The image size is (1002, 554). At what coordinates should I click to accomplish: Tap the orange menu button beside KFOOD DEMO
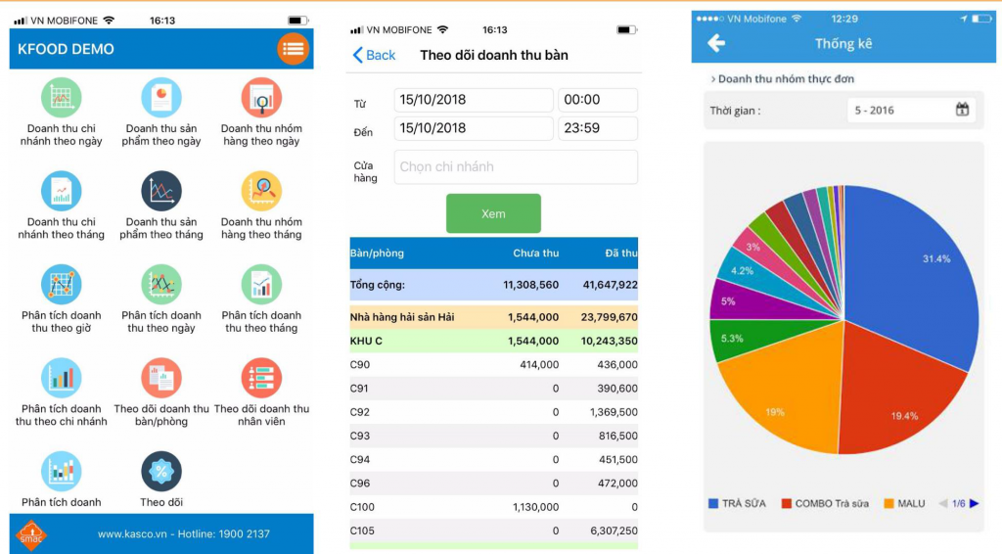293,49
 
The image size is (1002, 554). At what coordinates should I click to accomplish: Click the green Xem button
493,213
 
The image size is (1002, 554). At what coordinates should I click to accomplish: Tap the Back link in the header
374,56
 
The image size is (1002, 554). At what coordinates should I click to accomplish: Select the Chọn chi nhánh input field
516,167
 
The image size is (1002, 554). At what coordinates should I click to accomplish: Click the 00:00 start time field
598,100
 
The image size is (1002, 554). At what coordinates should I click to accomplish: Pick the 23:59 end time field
598,128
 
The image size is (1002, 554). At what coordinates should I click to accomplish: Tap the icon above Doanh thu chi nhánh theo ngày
62,98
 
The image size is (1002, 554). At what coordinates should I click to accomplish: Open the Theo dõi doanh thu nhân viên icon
261,379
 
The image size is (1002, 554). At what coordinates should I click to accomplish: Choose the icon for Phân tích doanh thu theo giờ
62,285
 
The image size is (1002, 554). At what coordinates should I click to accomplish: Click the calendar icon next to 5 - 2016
963,110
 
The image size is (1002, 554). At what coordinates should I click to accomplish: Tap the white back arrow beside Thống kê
716,43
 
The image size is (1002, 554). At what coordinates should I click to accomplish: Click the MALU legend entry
904,503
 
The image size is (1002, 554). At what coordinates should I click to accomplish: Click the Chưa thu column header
535,254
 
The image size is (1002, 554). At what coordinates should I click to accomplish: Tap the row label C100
364,507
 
